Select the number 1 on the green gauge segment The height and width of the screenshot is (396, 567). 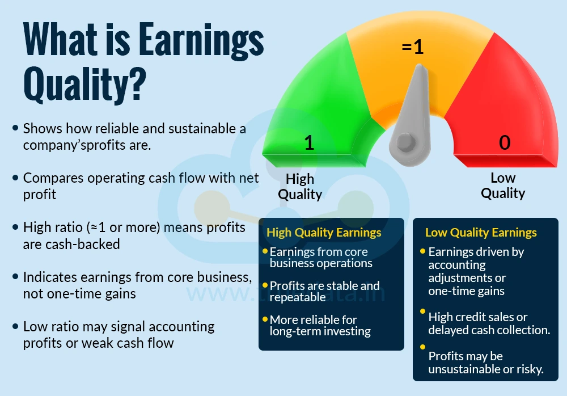pyautogui.click(x=309, y=143)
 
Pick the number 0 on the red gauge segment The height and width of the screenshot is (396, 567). pyautogui.click(x=505, y=143)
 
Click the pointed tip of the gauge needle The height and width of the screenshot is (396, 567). pyautogui.click(x=420, y=66)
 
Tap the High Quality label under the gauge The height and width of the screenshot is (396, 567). pyautogui.click(x=300, y=186)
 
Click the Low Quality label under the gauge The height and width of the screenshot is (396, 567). pyautogui.click(x=503, y=186)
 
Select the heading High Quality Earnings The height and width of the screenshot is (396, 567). pyautogui.click(x=324, y=233)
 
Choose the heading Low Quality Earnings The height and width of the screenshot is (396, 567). pyautogui.click(x=481, y=233)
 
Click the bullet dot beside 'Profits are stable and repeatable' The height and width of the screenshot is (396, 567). pyautogui.click(x=265, y=285)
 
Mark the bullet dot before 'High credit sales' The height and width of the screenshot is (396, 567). pyautogui.click(x=423, y=312)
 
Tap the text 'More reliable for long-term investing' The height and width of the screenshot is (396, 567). pyautogui.click(x=320, y=326)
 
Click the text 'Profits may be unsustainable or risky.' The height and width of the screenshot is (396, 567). pyautogui.click(x=486, y=363)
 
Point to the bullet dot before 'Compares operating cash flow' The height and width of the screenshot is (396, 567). pyautogui.click(x=15, y=178)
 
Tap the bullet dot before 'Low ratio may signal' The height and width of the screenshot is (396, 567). pyautogui.click(x=15, y=327)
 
